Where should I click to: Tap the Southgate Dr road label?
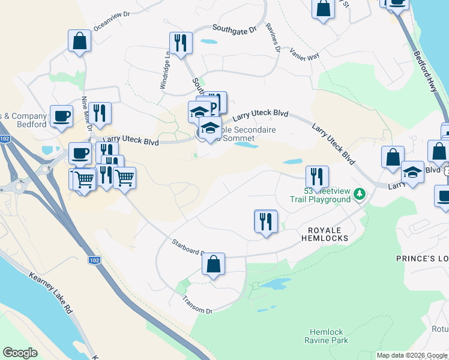[x=235, y=28]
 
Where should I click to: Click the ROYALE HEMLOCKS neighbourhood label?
[x=328, y=234]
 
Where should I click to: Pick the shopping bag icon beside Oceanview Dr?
[x=79, y=41]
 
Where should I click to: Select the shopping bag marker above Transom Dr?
[x=213, y=264]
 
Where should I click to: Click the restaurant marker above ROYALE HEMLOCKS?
[x=265, y=221]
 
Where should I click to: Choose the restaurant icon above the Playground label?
[x=316, y=176]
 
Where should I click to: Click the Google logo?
[x=20, y=353]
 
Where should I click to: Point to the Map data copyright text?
[x=411, y=355]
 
